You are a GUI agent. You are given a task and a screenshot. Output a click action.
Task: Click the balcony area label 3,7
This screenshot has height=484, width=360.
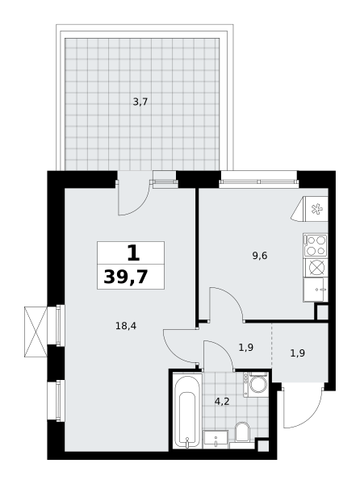pos(140,102)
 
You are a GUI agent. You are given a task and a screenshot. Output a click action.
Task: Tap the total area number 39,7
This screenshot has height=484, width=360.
pos(126,277)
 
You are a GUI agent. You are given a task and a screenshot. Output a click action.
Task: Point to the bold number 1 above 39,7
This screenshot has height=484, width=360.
pos(133,252)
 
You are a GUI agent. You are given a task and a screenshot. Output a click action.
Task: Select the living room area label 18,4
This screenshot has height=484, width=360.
pos(126,325)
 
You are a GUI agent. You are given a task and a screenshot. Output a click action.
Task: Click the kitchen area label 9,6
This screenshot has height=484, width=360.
pos(260,256)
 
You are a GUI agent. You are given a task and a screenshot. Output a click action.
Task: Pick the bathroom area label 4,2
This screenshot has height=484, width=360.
pos(222,402)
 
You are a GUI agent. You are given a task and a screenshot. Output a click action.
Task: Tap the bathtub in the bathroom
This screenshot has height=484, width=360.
pos(187,411)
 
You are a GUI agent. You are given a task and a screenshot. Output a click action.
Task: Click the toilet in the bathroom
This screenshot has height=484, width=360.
pos(242,432)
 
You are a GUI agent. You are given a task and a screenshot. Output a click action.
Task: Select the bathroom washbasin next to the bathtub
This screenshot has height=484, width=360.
pos(216,439)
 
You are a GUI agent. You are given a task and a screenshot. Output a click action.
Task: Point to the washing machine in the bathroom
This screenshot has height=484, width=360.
pos(256,384)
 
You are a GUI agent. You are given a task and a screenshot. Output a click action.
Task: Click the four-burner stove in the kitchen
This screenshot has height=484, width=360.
pos(316,245)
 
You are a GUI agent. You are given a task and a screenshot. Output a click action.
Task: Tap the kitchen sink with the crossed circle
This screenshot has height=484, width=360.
pos(316,267)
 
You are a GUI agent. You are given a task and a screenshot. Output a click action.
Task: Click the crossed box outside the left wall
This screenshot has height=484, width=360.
pos(36,332)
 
